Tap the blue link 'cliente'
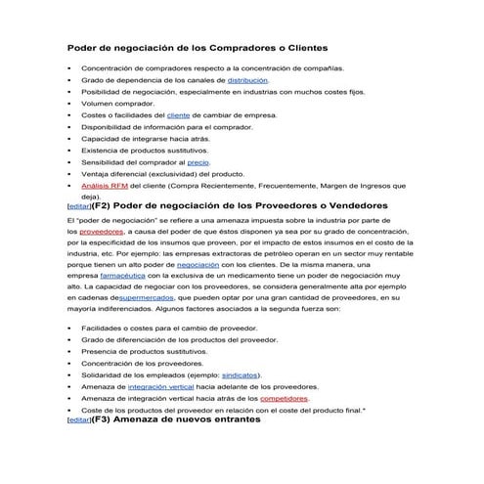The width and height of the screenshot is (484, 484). coord(179,115)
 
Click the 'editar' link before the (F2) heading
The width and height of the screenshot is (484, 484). coord(77,207)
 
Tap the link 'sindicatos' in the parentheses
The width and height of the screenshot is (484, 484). coord(241,374)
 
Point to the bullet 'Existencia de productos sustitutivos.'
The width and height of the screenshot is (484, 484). coord(145,150)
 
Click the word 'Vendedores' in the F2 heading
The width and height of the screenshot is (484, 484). coord(353,206)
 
